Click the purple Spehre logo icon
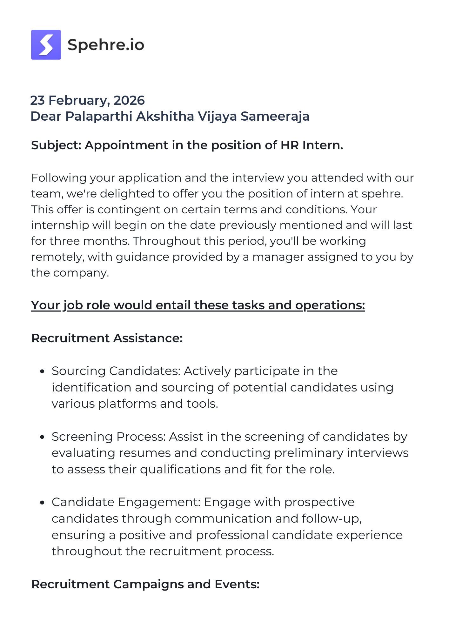pos(46,45)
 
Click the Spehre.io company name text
pos(106,45)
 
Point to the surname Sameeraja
pos(275,116)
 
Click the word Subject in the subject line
pos(56,145)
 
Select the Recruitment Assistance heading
pos(107,338)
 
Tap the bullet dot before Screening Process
pos(42,437)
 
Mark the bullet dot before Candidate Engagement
pos(42,503)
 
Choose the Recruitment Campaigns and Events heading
pos(145,584)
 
